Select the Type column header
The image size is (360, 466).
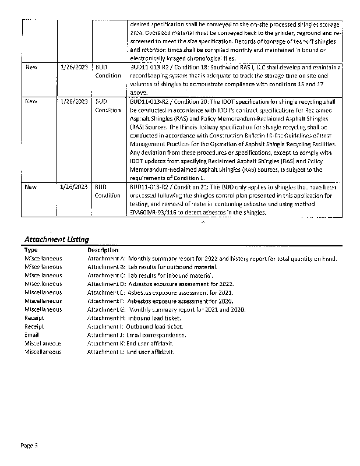[x=31, y=249]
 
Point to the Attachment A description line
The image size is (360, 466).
[x=212, y=258]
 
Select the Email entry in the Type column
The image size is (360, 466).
[x=31, y=335]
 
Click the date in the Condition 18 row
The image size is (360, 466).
[x=73, y=68]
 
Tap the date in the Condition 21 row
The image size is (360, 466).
[x=73, y=187]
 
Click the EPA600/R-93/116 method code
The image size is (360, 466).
[x=153, y=213]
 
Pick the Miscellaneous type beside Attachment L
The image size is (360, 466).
[x=43, y=352]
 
